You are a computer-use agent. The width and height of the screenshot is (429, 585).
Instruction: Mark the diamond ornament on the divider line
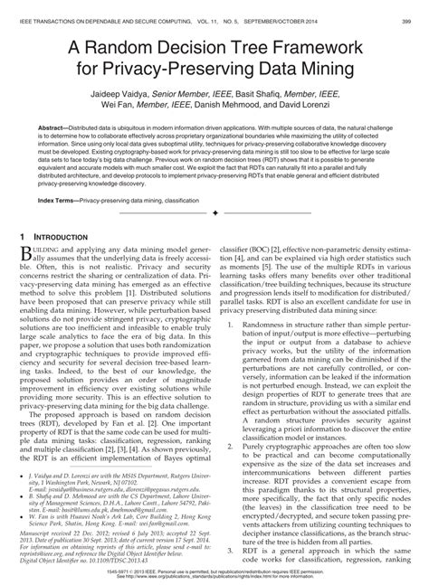tap(214, 211)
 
